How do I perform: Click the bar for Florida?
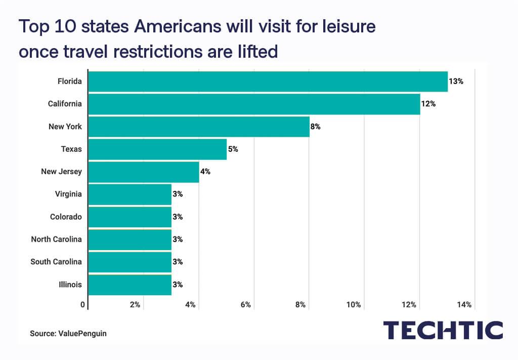(x=268, y=82)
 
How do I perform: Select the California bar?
(x=254, y=104)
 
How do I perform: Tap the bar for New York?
(x=199, y=127)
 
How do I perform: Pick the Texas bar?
(x=157, y=149)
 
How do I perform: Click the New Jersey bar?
(x=144, y=172)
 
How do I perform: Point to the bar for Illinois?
(x=130, y=285)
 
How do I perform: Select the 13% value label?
(x=456, y=82)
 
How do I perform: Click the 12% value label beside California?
(x=428, y=104)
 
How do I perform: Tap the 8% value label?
(x=316, y=127)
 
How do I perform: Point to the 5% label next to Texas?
(x=233, y=149)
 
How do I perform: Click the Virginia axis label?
(x=68, y=194)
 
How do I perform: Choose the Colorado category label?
(x=66, y=217)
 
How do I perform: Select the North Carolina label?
(x=56, y=239)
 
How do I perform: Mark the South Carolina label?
(x=56, y=262)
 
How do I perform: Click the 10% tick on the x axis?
(x=354, y=305)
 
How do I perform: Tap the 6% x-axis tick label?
(x=245, y=305)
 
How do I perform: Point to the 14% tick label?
(x=464, y=305)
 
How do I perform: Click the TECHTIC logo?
(x=443, y=330)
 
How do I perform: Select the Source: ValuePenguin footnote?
(x=68, y=334)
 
